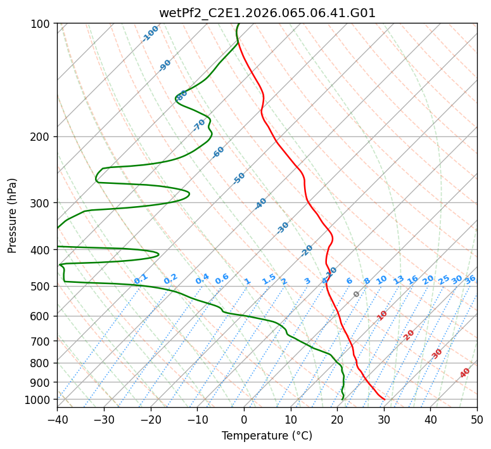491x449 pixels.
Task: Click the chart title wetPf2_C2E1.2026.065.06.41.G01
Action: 267,13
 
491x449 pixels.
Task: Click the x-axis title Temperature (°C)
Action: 267,436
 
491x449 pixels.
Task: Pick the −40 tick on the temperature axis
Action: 57,419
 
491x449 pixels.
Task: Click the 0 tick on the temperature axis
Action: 244,419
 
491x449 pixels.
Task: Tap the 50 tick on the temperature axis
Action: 477,419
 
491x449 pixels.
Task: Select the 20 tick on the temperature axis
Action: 337,419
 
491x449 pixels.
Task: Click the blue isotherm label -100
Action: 151,34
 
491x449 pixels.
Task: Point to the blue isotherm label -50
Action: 239,178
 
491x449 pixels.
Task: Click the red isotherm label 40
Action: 465,373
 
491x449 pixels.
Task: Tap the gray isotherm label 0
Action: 357,294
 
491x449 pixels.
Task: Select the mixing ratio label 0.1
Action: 141,279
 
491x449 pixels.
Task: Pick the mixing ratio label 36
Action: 470,279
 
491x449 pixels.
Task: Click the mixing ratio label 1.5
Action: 269,279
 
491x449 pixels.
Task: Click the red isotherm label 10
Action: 382,315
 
